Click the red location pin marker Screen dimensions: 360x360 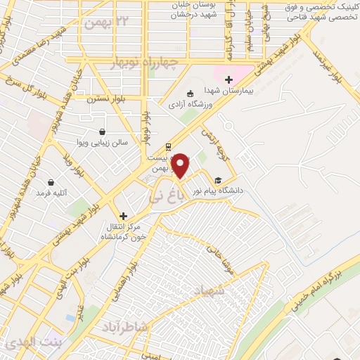181,166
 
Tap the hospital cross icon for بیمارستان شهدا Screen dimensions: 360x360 229,79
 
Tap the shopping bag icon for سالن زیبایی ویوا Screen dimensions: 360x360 103,131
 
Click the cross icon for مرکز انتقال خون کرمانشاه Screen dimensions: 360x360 124,216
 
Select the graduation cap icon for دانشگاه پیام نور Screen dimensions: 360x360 218,179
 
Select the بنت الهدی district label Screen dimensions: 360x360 32,343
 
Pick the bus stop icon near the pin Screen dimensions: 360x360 167,147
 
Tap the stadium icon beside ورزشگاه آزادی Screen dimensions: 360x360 189,94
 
